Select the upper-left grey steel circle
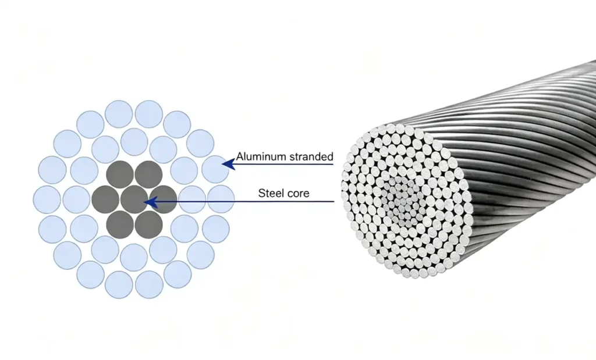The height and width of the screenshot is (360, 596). pos(120,174)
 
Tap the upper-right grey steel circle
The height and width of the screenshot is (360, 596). pos(148,174)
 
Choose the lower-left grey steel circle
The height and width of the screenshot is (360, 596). pos(120,224)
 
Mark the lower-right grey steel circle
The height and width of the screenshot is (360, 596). pos(148,224)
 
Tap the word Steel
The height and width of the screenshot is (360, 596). pos(269,193)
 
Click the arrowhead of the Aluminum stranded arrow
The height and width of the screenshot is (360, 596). pos(228,164)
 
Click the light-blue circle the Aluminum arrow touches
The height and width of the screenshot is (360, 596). pos(215,169)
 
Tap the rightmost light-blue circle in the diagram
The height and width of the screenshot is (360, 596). pos(221,199)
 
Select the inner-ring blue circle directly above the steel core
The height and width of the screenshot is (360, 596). pos(134,142)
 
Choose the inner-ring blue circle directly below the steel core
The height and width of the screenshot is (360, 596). pos(134,258)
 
